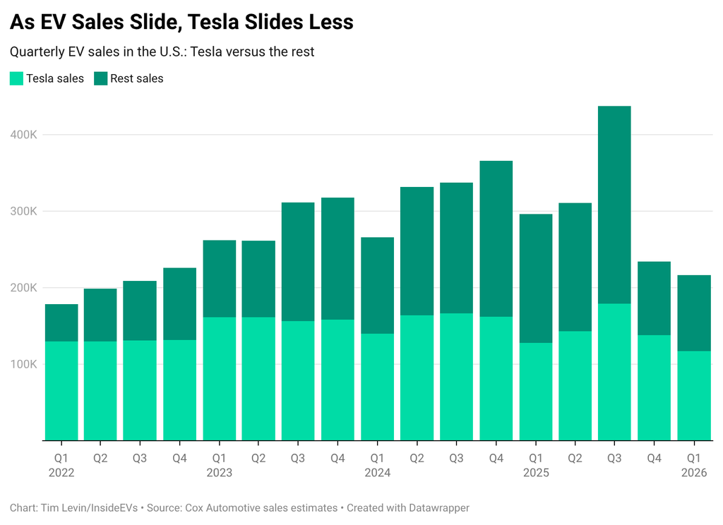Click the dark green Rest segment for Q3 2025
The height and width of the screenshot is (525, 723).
click(x=614, y=205)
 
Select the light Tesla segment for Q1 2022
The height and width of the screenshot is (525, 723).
click(x=61, y=391)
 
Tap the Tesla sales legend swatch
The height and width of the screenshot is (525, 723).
click(x=16, y=78)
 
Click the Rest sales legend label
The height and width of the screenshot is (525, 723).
click(x=136, y=78)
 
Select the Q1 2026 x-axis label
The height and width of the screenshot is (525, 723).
click(x=693, y=465)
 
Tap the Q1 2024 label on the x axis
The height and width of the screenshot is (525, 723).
click(x=377, y=465)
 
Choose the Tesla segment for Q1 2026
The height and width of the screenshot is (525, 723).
click(x=693, y=395)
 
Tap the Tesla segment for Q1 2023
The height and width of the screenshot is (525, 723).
click(x=219, y=378)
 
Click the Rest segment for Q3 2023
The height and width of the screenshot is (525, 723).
click(x=298, y=262)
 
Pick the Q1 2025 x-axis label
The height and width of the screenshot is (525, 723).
click(x=535, y=465)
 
